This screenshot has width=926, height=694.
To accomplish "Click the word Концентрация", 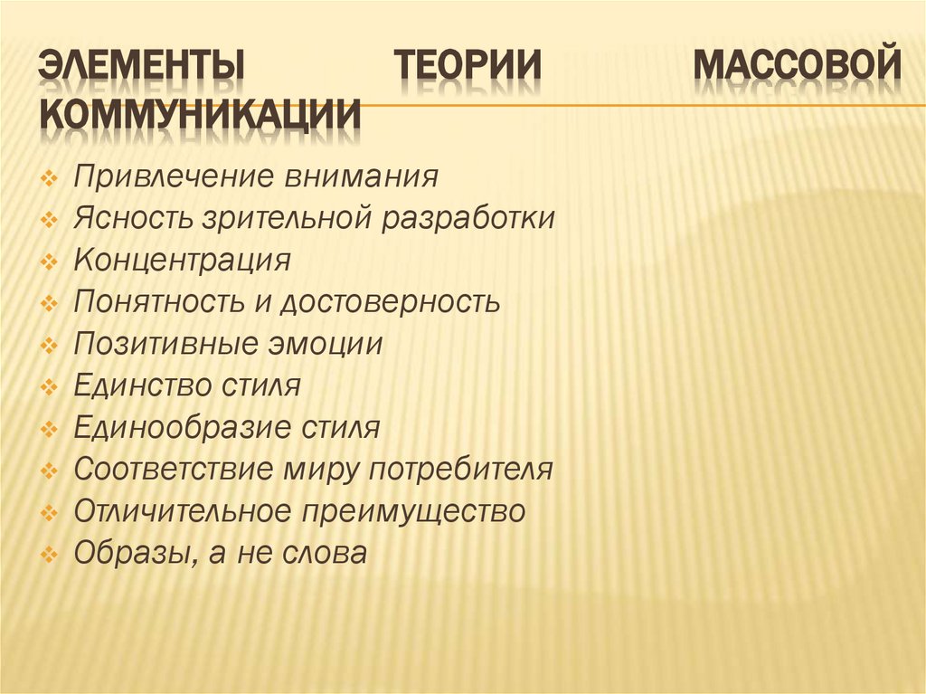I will [x=183, y=261].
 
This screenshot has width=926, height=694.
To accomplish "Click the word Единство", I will [x=143, y=386].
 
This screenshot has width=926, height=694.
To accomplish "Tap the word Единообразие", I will [x=183, y=428].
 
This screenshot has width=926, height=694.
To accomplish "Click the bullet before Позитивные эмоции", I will [x=51, y=346].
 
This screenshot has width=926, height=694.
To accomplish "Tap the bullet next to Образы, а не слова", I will [x=51, y=555].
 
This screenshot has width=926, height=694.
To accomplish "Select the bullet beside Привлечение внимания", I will [x=51, y=177].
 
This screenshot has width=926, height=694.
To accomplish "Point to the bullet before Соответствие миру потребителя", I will [x=51, y=471].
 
